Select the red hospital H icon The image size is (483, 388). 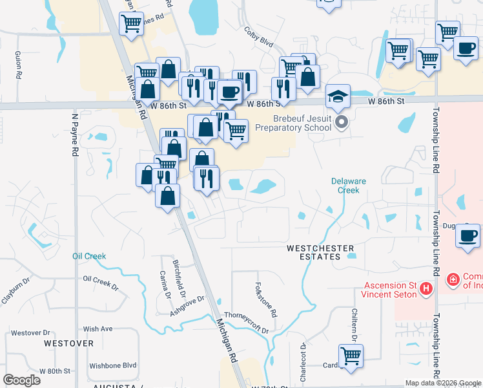[x=426, y=288]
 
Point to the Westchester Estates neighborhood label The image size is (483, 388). [x=320, y=252]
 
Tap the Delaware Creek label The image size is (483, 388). [x=349, y=186]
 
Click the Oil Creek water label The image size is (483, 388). [x=89, y=256]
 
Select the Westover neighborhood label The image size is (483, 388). [x=69, y=343]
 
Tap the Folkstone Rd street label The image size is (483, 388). [x=265, y=299]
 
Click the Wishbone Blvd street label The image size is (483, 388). [x=113, y=365]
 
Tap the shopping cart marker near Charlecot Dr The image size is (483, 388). [x=351, y=356]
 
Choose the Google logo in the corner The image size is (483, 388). [x=22, y=380]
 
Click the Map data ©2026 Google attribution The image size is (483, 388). [x=442, y=383]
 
